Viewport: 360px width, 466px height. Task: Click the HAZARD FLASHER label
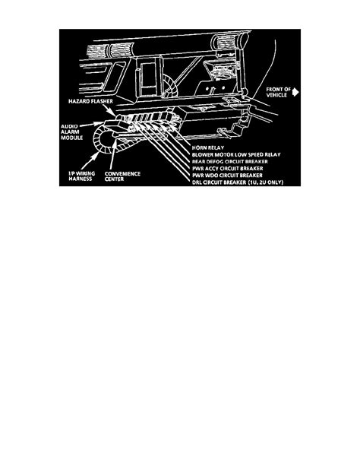coord(90,101)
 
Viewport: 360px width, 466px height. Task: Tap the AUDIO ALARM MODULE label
coord(72,132)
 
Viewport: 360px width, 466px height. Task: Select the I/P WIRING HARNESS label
coord(82,176)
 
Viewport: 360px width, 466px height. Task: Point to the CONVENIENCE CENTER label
coord(122,176)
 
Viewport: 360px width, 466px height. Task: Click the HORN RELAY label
coord(208,147)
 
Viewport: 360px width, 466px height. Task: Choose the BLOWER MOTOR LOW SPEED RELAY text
coord(236,154)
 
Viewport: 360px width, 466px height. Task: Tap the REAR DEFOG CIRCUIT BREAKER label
coord(230,161)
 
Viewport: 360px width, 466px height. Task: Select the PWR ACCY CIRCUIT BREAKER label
coord(228,169)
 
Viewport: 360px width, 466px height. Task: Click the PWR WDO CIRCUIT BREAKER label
coord(227,176)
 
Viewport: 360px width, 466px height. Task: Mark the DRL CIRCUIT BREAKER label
coord(219,182)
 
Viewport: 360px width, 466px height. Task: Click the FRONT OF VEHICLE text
coord(278,92)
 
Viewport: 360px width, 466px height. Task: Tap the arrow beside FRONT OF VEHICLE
coord(295,92)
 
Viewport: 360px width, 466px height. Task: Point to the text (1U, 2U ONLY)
coord(266,182)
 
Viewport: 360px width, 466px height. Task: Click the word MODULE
coord(72,138)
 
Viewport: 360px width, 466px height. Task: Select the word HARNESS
coord(81,179)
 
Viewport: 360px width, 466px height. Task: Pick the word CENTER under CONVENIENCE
coord(114,179)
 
